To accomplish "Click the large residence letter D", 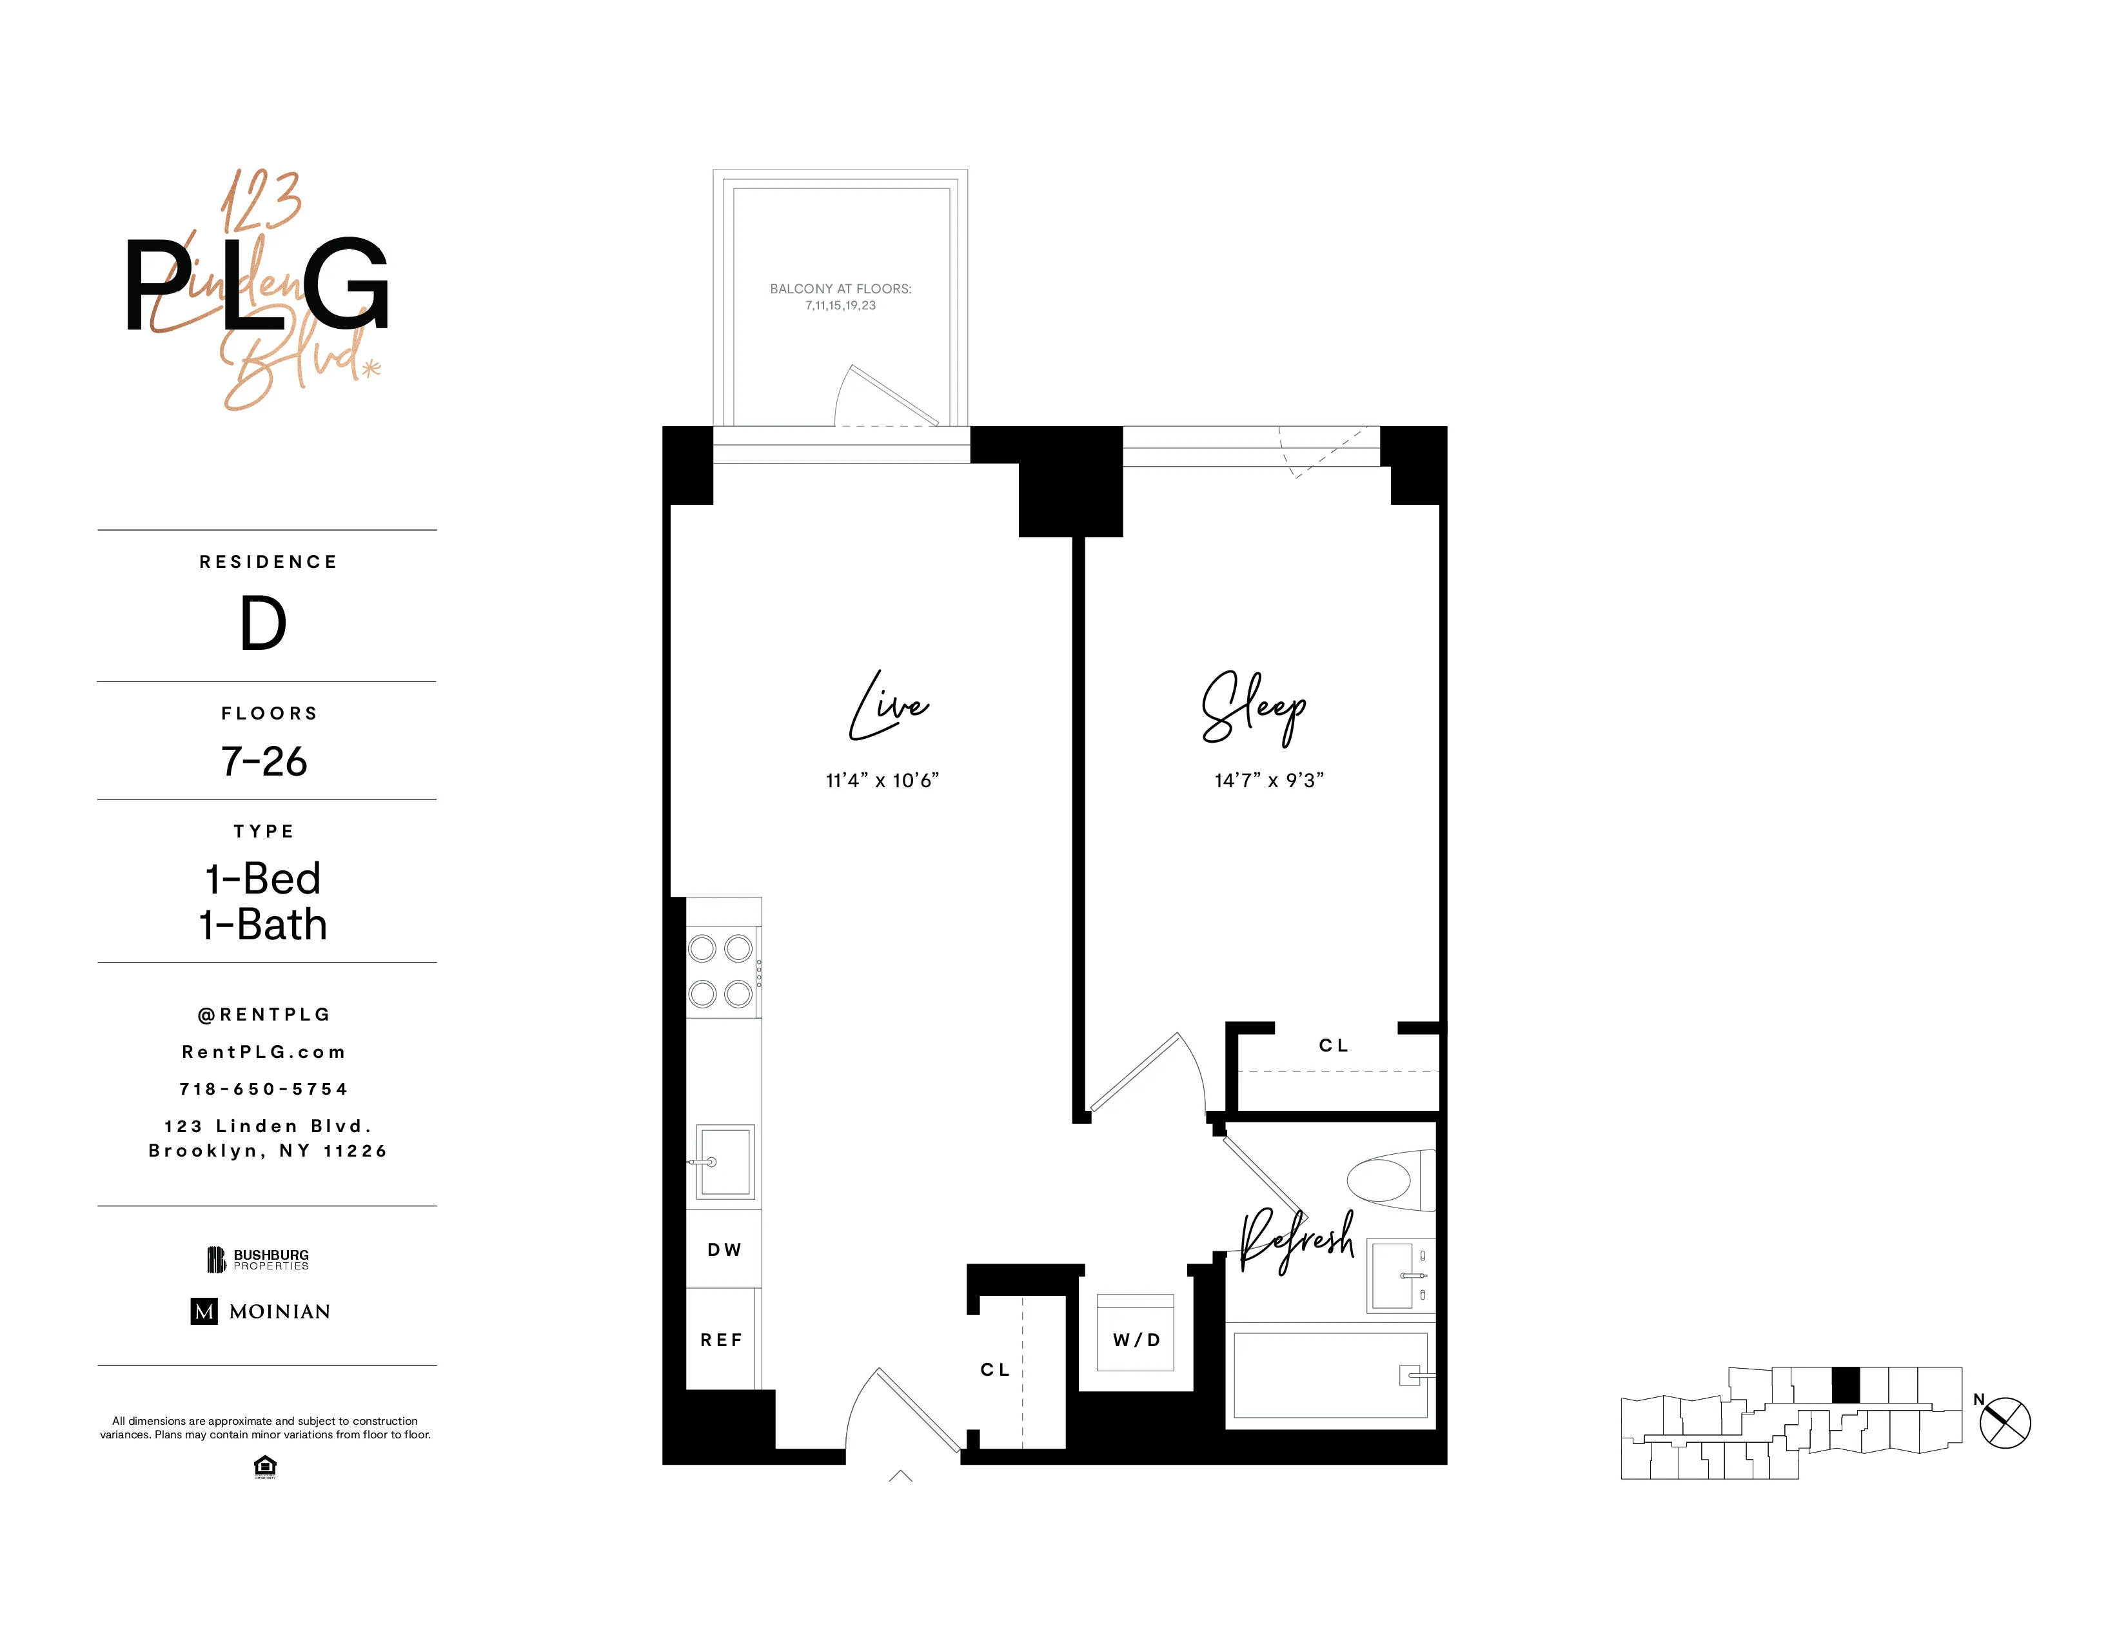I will [x=263, y=623].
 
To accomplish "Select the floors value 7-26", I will [x=264, y=761].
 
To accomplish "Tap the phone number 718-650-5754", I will [x=264, y=1089].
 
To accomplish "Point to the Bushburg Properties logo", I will [x=258, y=1259].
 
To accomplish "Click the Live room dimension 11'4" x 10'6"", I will [x=882, y=780].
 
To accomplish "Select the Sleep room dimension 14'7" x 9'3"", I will [x=1268, y=780].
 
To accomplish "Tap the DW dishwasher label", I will [x=724, y=1249].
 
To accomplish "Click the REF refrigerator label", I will [x=721, y=1340].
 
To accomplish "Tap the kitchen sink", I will [x=725, y=1162].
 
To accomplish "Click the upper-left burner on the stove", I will [x=702, y=948].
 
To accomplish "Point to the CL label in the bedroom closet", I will [x=1334, y=1045].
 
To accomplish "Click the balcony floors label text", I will [x=840, y=296].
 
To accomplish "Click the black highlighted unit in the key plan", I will [x=1846, y=1385].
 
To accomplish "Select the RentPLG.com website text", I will [x=264, y=1052].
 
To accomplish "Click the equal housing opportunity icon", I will [x=264, y=1466].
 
